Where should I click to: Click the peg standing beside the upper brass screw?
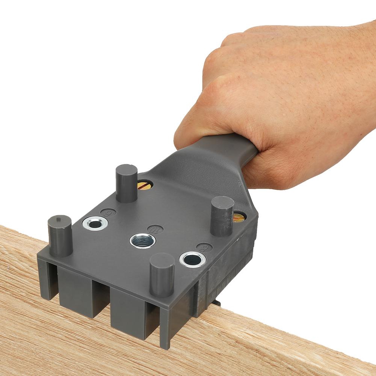point(126,183)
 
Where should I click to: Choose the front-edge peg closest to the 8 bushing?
point(162,274)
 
